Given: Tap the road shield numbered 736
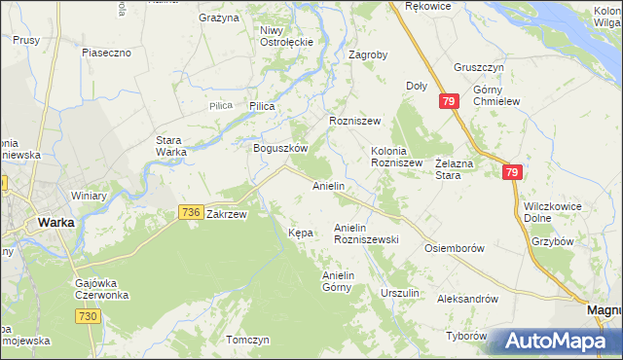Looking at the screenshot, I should (x=191, y=212).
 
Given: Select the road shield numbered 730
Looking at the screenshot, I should (x=90, y=317).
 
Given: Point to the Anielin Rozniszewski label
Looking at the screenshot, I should (x=366, y=234).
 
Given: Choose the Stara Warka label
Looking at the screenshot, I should (x=171, y=146).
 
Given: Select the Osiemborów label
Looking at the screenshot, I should (x=455, y=248).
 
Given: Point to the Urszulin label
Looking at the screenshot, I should (x=400, y=293).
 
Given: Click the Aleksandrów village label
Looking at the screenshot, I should (x=468, y=299).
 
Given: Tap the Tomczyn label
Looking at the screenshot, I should (x=246, y=340).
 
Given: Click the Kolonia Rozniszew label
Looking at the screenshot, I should (x=396, y=157).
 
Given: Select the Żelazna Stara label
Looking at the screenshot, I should (x=461, y=169).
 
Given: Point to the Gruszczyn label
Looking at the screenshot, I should (x=478, y=68).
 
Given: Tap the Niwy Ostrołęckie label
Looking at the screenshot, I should (x=285, y=36).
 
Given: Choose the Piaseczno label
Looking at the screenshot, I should (x=107, y=53).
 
